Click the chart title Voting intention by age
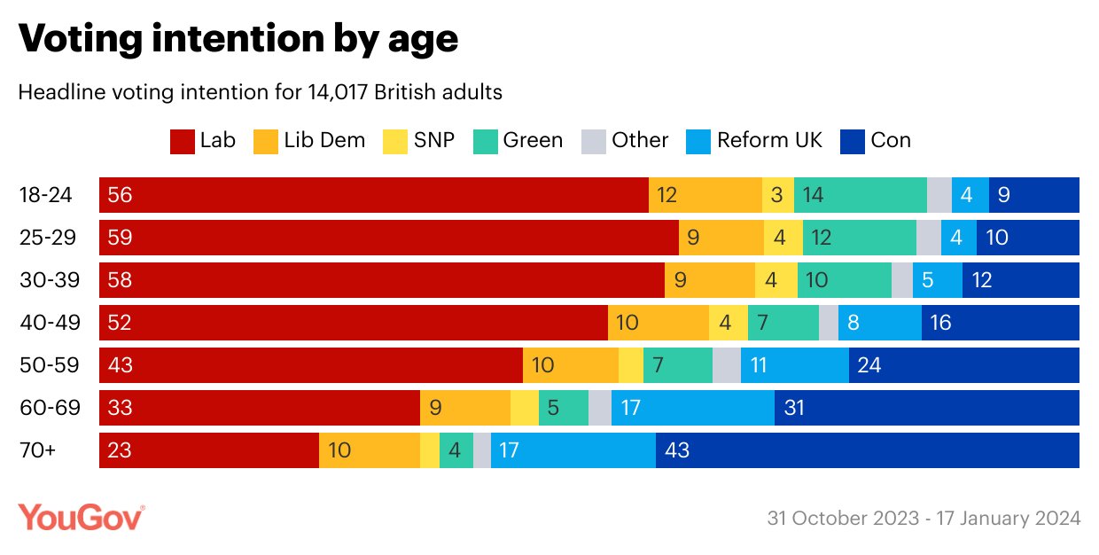coord(238,38)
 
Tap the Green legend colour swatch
coord(485,141)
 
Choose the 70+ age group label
coord(38,450)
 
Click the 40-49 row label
coord(50,323)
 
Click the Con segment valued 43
coord(867,450)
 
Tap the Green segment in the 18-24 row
coord(860,195)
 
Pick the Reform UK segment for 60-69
coord(692,408)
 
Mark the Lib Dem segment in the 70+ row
coord(369,450)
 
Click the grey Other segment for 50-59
coord(726,365)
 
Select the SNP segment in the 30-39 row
coord(776,280)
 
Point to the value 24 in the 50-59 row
coord(869,365)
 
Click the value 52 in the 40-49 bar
coord(119,323)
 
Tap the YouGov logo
coord(82,517)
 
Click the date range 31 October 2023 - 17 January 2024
coord(924,518)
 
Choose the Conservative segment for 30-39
coord(1020,280)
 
